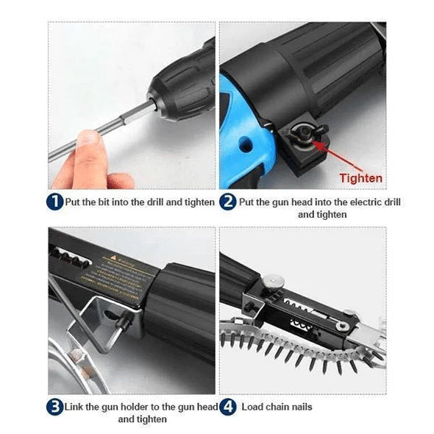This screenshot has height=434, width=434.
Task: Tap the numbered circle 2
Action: coord(229,202)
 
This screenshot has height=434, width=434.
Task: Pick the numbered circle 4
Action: coord(229,406)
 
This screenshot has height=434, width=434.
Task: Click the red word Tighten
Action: coord(360,178)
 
